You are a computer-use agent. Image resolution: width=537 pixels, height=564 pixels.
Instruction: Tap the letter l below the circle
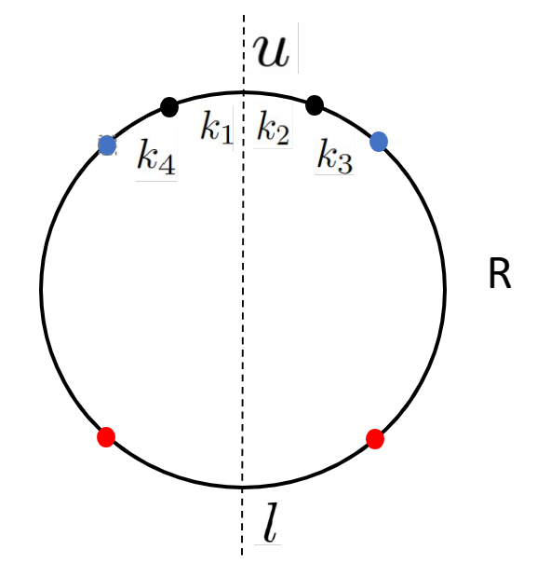(x=268, y=528)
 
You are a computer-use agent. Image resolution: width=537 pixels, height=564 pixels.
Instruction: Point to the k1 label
(x=216, y=129)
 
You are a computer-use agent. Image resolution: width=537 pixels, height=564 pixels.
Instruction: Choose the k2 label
(x=273, y=129)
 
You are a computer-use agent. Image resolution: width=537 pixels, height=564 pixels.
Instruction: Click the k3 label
(x=334, y=156)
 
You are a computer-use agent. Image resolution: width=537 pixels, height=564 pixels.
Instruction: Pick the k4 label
(x=155, y=156)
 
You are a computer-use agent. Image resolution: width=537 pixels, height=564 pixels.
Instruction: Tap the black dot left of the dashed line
(x=168, y=106)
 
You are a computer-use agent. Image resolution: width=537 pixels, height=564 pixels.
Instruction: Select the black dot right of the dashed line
(x=315, y=104)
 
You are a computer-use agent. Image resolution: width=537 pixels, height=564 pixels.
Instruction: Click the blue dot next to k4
(x=107, y=145)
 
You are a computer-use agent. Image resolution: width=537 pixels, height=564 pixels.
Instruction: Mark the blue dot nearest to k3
(x=379, y=142)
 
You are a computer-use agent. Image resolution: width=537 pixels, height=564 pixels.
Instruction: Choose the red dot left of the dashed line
(x=106, y=436)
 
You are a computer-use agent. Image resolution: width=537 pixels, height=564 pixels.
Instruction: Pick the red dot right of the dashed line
(x=375, y=438)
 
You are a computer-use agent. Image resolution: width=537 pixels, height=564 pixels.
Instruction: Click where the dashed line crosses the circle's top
(x=244, y=91)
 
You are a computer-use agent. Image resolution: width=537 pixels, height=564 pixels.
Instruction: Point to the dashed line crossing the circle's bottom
(x=244, y=487)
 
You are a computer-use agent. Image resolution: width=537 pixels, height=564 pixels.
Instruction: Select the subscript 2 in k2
(x=282, y=135)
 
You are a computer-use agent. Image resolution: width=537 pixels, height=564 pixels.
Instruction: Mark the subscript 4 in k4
(x=166, y=163)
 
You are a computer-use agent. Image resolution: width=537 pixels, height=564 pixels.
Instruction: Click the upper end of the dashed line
(x=244, y=17)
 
